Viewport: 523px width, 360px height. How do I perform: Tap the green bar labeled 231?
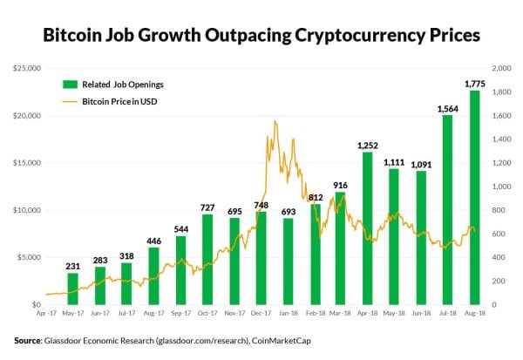tap(73, 289)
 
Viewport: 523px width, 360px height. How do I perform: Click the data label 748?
tap(261, 205)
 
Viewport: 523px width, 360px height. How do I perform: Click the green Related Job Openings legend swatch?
tap(70, 85)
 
